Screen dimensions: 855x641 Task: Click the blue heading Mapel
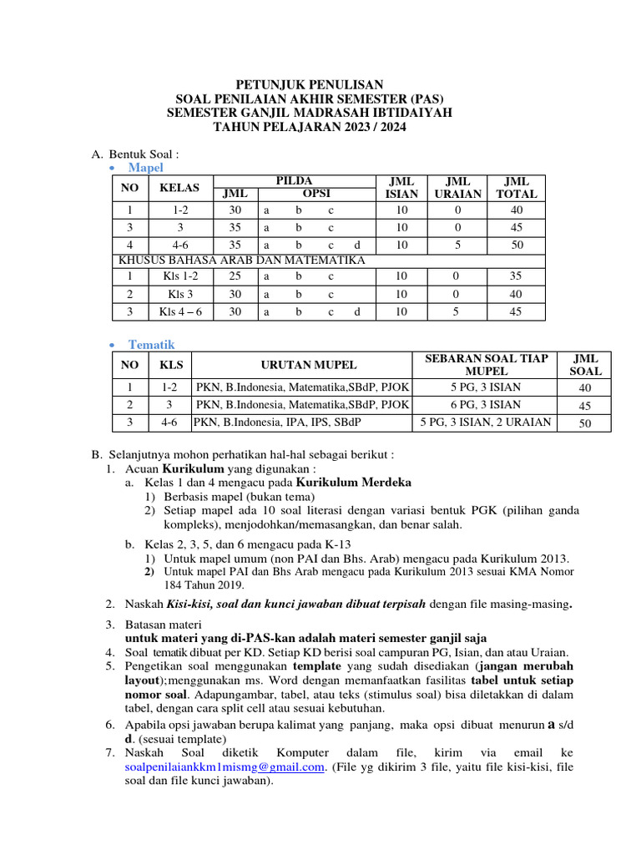[145, 168]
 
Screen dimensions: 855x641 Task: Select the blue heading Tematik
[151, 344]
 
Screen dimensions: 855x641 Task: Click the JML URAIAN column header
[459, 188]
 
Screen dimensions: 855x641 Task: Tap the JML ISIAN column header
[401, 188]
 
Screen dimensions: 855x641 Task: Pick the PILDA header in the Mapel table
[294, 181]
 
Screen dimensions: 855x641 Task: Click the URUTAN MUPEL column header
[301, 365]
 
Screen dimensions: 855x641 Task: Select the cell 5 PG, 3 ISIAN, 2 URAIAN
[487, 422]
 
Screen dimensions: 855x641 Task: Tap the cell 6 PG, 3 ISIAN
[487, 404]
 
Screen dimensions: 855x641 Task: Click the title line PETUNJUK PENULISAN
[309, 84]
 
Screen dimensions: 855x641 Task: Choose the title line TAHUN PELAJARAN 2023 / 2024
[309, 127]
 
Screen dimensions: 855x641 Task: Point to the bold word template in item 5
[315, 666]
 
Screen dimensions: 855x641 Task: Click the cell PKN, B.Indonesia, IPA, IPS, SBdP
[278, 422]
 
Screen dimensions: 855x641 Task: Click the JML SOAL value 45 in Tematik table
[584, 406]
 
